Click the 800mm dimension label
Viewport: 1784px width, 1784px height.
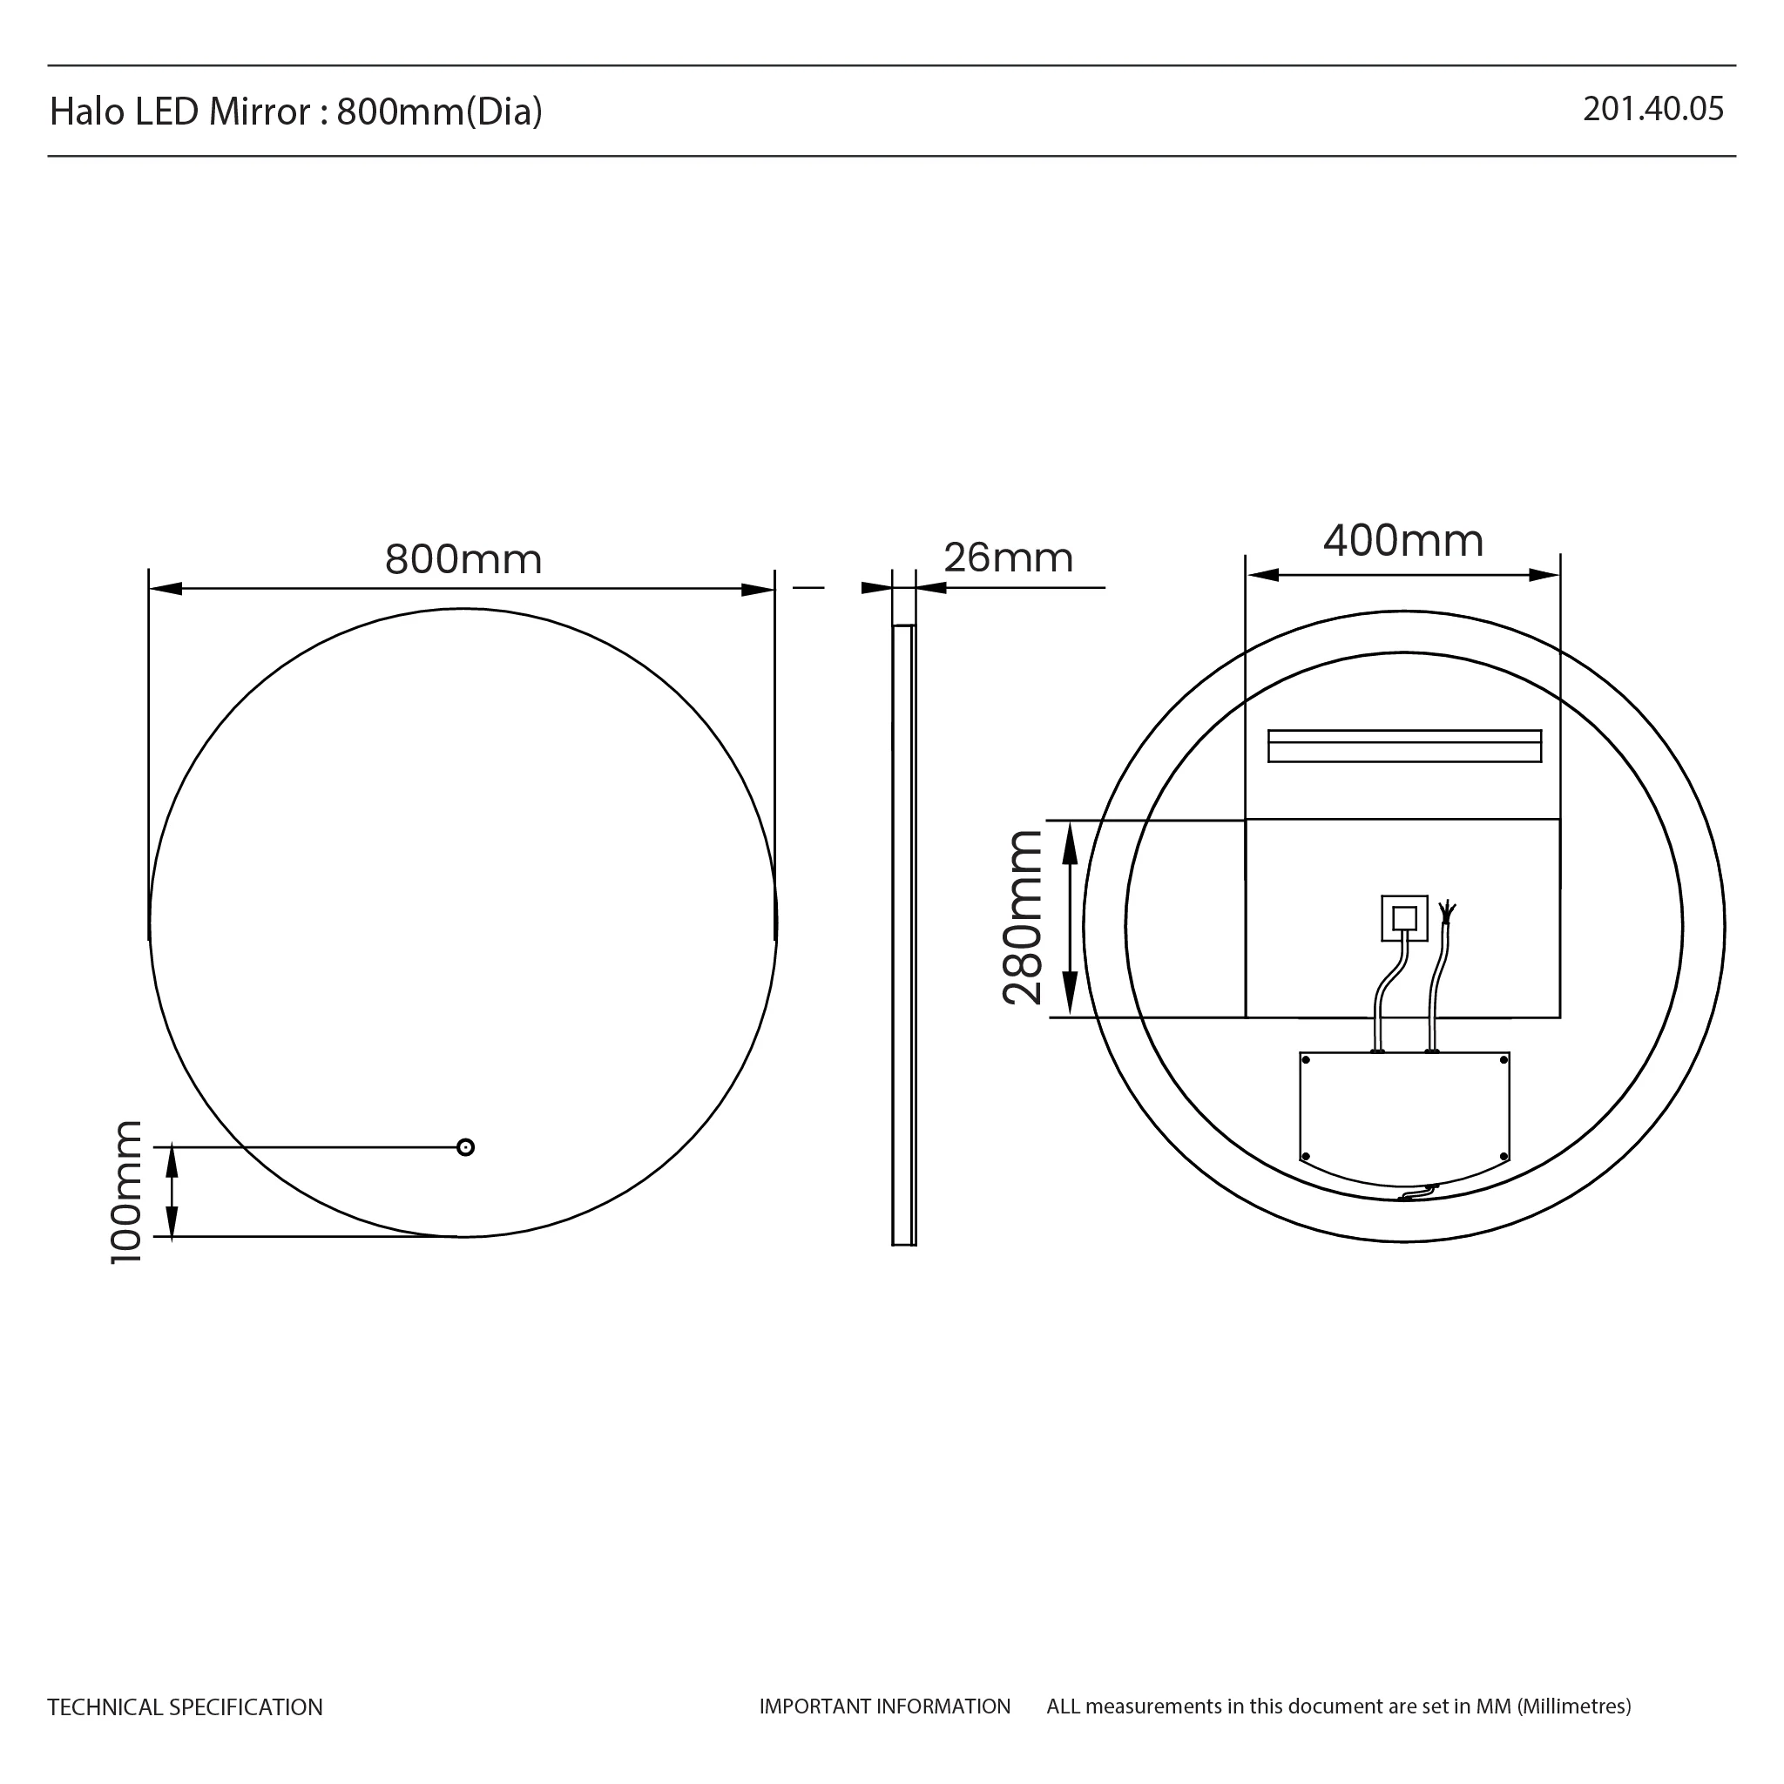[x=463, y=559]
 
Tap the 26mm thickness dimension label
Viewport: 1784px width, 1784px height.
[x=1008, y=557]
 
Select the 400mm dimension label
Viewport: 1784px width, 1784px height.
[x=1402, y=541]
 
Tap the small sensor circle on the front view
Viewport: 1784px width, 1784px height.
[x=465, y=1148]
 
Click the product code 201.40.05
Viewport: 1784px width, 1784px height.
[x=1652, y=109]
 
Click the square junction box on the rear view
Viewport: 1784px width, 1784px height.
[x=1403, y=918]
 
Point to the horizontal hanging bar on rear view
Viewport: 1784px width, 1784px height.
[x=1403, y=747]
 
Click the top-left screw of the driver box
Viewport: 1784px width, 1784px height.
[x=1306, y=1061]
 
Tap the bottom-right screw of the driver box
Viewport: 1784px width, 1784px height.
[x=1504, y=1156]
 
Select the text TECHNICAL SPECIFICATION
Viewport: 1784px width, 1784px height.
[x=185, y=1707]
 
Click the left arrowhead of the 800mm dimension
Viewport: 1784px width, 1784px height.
[x=165, y=589]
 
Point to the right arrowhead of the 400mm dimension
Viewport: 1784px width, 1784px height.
[x=1544, y=575]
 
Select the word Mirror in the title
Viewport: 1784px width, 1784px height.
[x=260, y=111]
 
